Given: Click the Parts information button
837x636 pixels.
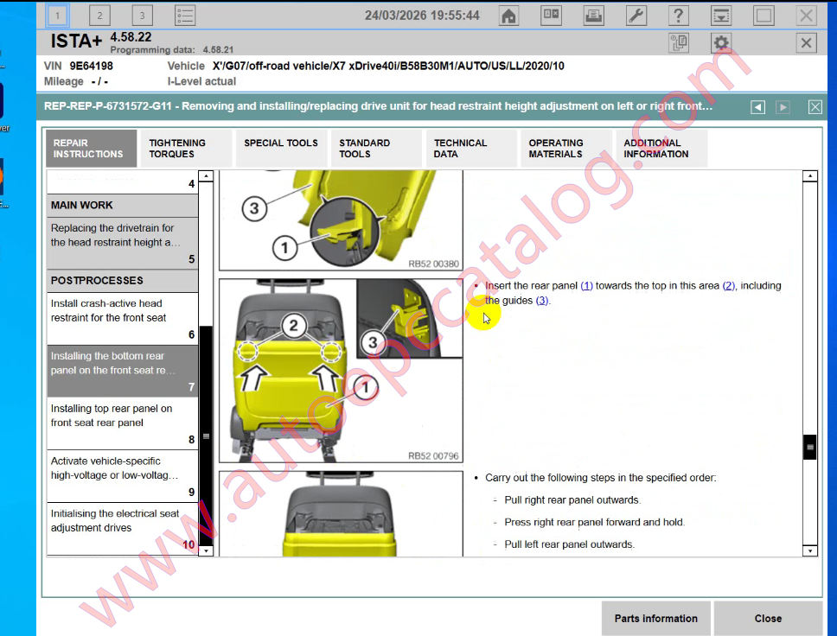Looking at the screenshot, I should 655,618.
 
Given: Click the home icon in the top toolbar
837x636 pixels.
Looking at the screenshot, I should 509,16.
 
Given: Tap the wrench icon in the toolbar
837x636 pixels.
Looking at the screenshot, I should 636,16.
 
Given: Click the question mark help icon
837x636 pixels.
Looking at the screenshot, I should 679,16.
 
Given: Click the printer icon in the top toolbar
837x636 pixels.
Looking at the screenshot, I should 593,16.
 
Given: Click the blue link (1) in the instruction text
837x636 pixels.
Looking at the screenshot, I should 586,286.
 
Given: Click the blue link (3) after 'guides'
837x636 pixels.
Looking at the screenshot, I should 542,301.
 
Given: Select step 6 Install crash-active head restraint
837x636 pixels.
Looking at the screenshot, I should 122,318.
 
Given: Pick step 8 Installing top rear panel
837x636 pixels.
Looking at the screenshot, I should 122,423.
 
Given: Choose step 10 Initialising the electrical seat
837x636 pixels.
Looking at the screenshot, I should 122,528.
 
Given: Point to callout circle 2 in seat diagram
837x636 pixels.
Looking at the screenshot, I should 293,326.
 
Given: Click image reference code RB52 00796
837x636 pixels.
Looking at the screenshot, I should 433,456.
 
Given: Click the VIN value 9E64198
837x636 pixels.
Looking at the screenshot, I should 91,66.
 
